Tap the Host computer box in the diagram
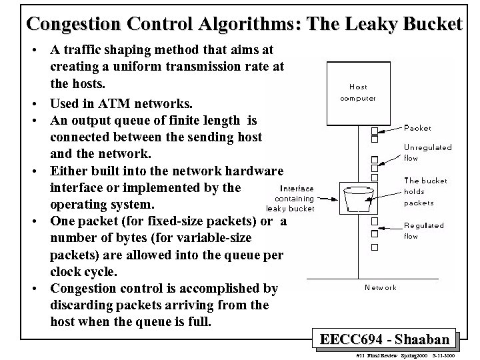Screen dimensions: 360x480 [x=358, y=92]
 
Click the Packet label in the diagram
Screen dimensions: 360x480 [x=418, y=128]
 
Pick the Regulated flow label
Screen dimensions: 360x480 [x=423, y=231]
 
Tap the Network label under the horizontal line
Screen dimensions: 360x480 [x=381, y=287]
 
